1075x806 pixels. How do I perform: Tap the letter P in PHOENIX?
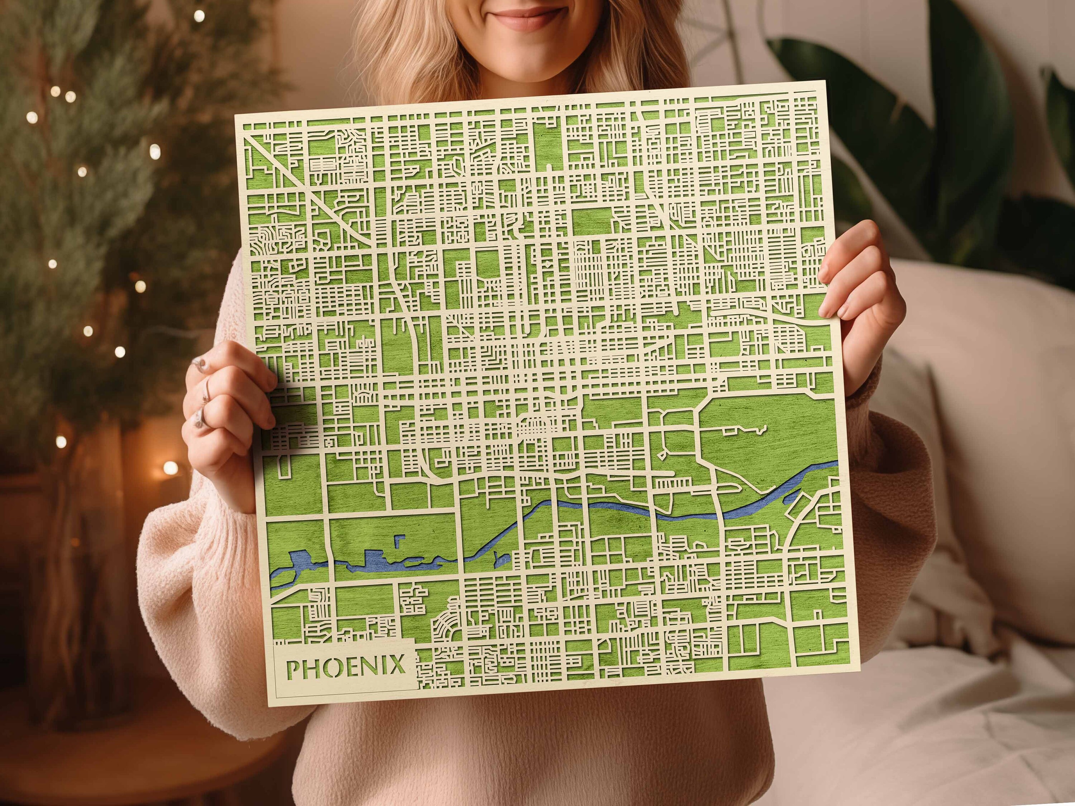point(293,667)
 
